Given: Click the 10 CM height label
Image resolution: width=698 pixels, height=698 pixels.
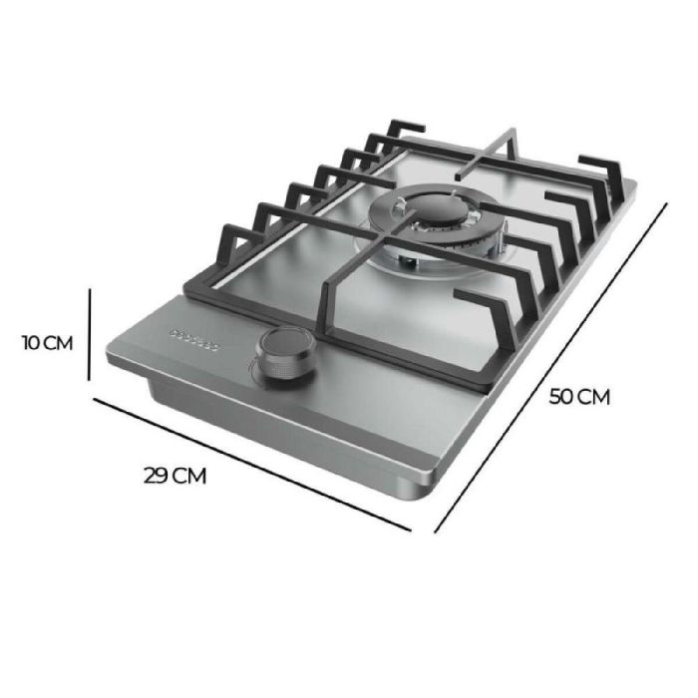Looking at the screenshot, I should [47, 343].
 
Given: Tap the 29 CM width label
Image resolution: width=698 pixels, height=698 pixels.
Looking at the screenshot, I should [174, 475].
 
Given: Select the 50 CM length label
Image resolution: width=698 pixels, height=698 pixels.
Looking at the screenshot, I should [579, 396].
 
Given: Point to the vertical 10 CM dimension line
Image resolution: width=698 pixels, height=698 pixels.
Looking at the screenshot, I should [91, 334].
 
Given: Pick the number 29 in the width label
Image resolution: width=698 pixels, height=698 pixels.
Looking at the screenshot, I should [157, 475].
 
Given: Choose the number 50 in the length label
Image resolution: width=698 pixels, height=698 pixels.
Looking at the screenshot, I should [561, 396].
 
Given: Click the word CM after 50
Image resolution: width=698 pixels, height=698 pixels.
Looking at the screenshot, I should [594, 396].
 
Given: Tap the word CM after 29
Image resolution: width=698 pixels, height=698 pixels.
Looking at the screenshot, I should [190, 475].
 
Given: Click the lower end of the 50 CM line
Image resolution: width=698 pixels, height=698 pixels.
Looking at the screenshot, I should [436, 531].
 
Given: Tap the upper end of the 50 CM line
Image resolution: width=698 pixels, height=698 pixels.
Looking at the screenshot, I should [665, 205].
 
